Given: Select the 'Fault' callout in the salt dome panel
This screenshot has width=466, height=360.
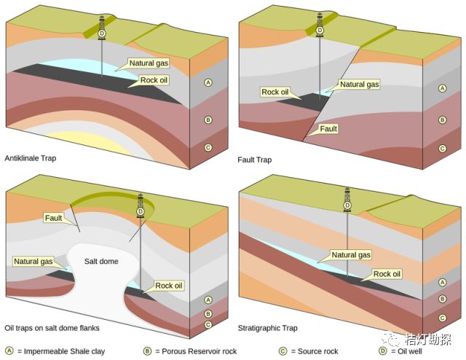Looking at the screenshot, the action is pos(53,217).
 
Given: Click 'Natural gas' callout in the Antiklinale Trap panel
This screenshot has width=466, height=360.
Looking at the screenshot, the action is pos(149,64).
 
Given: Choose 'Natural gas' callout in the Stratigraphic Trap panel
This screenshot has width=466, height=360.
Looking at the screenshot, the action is pos(351,255).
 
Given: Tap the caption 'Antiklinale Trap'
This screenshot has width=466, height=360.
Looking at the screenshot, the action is pos(30,158).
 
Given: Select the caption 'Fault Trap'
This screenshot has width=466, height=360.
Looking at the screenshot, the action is pos(255,160).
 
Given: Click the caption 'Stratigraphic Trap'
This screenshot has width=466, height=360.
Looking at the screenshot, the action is pos(267,329).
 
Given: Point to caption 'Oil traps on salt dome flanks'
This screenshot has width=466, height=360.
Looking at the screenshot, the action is pos(52,329).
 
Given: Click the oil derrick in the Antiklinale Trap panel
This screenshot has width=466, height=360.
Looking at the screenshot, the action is pos(101,25).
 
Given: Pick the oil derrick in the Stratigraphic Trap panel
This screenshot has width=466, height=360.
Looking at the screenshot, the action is pos(347,197).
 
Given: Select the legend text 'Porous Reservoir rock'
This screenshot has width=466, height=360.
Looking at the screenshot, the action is pos(196,351).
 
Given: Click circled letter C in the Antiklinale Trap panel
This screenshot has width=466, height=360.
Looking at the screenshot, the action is pos(208,148).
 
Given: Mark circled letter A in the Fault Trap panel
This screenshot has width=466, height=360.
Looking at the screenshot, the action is pos(441,88).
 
